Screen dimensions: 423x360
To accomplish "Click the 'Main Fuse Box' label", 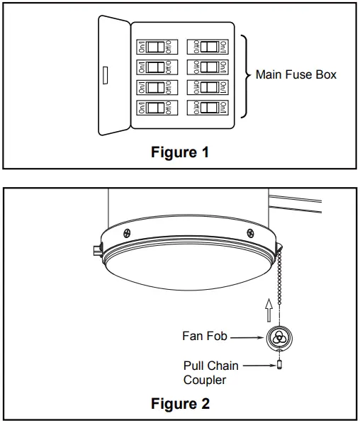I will (x=296, y=74).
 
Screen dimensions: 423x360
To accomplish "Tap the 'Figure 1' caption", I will (x=180, y=152).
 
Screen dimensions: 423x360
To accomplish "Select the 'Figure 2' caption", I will (x=180, y=404).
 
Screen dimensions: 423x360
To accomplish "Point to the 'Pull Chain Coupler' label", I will (x=211, y=372).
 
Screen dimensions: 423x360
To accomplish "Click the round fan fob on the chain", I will (x=280, y=337).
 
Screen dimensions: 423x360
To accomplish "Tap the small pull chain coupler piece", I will (x=280, y=366).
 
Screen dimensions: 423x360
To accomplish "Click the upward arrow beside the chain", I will (x=268, y=310).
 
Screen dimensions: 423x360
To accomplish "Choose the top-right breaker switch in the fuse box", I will (x=208, y=47).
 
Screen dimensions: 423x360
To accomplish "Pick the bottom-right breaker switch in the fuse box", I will (x=208, y=108).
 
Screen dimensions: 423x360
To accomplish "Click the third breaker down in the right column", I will (x=208, y=88).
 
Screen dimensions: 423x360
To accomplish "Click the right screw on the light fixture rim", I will (x=250, y=232).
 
